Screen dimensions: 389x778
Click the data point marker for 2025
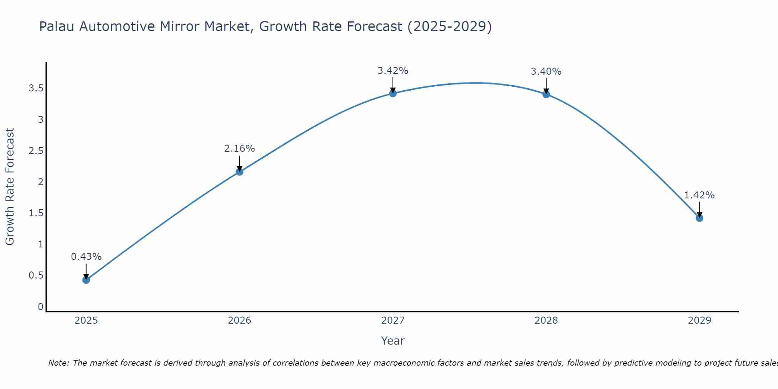coord(86,280)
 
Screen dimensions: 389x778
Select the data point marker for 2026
coord(240,172)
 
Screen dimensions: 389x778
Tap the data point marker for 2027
coord(393,93)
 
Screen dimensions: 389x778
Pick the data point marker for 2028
coord(546,94)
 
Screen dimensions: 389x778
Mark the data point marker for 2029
coord(699,218)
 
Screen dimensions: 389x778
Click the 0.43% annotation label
coord(86,257)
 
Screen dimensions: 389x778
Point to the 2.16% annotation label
coord(240,149)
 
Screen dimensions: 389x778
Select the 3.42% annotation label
coord(393,71)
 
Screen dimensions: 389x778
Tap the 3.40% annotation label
coord(546,72)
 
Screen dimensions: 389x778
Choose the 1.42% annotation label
coord(699,195)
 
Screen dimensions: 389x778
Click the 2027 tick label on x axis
coord(393,321)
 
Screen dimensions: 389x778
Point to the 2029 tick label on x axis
coord(699,321)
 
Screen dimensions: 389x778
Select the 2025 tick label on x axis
coord(86,321)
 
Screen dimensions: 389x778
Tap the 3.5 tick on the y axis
coord(36,88)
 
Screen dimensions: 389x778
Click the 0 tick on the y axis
coord(40,307)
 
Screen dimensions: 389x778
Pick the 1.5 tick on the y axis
coord(36,213)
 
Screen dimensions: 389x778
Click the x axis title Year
coord(393,341)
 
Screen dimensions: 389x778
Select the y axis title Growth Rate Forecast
coord(10,187)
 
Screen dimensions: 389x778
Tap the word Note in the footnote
coord(58,363)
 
